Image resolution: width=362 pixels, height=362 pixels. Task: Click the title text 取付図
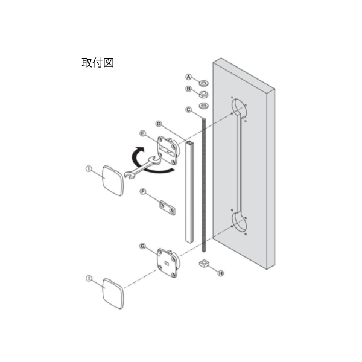[x=98, y=63]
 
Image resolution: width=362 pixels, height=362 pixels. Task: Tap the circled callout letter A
[x=189, y=77]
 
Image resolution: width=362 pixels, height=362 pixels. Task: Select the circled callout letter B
[x=189, y=89]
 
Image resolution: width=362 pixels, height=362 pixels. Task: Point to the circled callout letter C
[x=189, y=109]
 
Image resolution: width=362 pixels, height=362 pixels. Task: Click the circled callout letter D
[x=159, y=124]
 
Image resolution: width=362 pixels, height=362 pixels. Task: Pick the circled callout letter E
[x=143, y=133]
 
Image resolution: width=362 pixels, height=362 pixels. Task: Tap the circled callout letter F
[x=143, y=192]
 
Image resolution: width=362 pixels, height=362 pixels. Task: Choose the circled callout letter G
[x=143, y=246]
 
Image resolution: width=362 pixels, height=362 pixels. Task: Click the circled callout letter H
[x=221, y=273]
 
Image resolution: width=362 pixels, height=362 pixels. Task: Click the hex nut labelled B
[x=204, y=94]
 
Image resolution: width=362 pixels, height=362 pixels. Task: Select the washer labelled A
[x=204, y=83]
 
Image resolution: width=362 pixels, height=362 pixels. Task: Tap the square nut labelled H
[x=204, y=263]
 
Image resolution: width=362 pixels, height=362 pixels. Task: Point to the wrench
[x=142, y=168]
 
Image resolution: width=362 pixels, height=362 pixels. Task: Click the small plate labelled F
[x=167, y=208]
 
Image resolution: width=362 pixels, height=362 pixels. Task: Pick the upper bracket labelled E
[x=168, y=150]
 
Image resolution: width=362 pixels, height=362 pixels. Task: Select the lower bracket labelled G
[x=168, y=262]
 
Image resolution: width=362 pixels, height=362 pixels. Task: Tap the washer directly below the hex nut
[x=204, y=106]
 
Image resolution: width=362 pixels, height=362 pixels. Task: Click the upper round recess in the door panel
[x=239, y=108]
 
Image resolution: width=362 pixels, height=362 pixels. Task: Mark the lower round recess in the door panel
[x=239, y=221]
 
